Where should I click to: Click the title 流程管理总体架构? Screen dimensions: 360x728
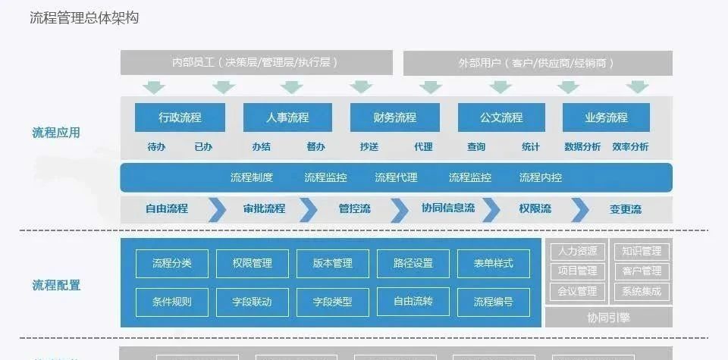click(84, 17)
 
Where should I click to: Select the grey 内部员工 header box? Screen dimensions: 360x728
click(256, 63)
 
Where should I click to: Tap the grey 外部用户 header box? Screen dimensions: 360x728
click(537, 63)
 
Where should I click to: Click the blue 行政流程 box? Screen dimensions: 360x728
click(180, 117)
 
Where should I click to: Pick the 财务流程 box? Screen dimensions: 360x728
click(395, 117)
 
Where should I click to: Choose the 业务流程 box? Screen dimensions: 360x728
click(606, 117)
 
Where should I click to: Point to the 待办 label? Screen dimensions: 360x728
click(156, 147)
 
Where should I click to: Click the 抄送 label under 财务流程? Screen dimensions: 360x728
click(369, 147)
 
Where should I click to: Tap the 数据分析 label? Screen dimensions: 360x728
click(582, 147)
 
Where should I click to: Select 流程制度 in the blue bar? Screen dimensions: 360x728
click(252, 177)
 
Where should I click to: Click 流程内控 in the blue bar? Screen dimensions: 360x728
click(541, 177)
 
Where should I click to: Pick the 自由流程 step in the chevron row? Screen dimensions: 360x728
click(167, 208)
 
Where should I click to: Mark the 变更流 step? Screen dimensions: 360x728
click(626, 209)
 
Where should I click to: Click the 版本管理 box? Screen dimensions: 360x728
click(333, 263)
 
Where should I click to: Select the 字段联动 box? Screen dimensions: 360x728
click(253, 302)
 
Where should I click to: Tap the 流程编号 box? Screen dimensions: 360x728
click(494, 302)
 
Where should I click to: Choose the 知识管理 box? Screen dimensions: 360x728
click(642, 251)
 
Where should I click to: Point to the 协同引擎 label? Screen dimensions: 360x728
click(608, 318)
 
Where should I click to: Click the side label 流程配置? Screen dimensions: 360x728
click(56, 285)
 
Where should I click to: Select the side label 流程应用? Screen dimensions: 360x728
click(56, 133)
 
